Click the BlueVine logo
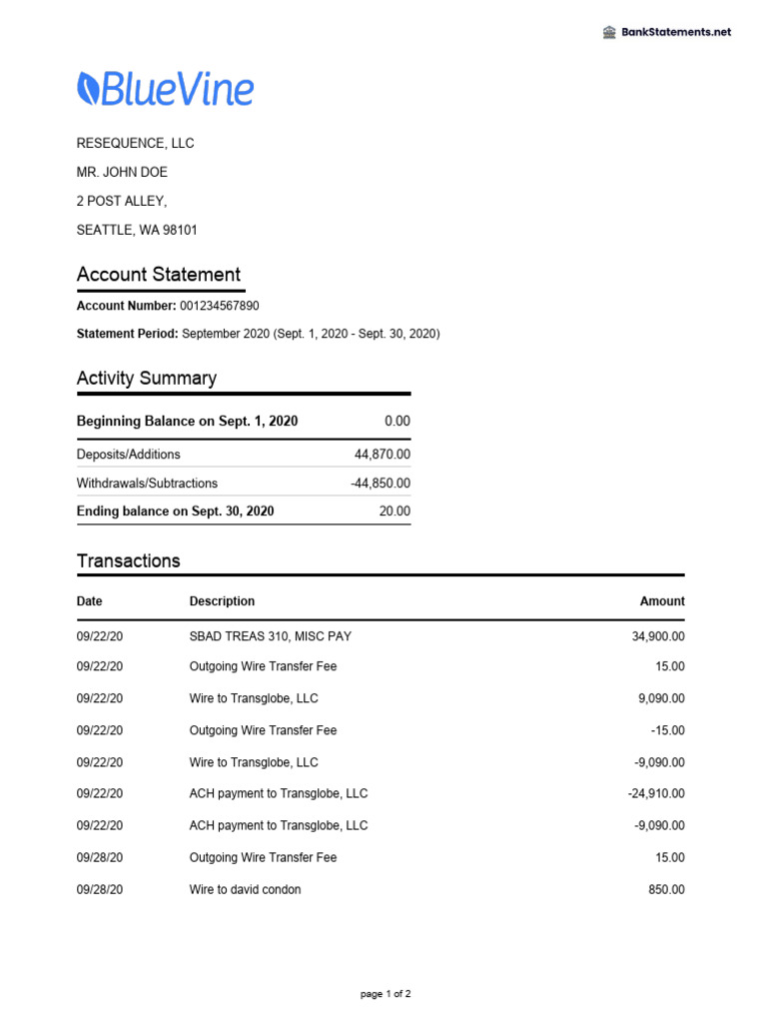coord(166,90)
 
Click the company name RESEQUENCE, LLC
coord(136,143)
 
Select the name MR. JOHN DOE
coord(122,172)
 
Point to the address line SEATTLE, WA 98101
coord(137,230)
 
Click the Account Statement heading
coord(159,275)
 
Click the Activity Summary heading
coord(147,379)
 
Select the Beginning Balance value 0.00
coord(396,422)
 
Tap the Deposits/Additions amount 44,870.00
coord(383,455)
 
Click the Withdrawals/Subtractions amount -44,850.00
coord(381,484)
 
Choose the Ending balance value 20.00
coord(393,511)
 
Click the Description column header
coord(222,601)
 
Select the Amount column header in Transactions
coord(662,601)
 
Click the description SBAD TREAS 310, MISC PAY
coord(270,636)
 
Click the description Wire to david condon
coord(245,889)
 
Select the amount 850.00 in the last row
coord(666,889)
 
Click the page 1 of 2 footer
coord(385,995)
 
